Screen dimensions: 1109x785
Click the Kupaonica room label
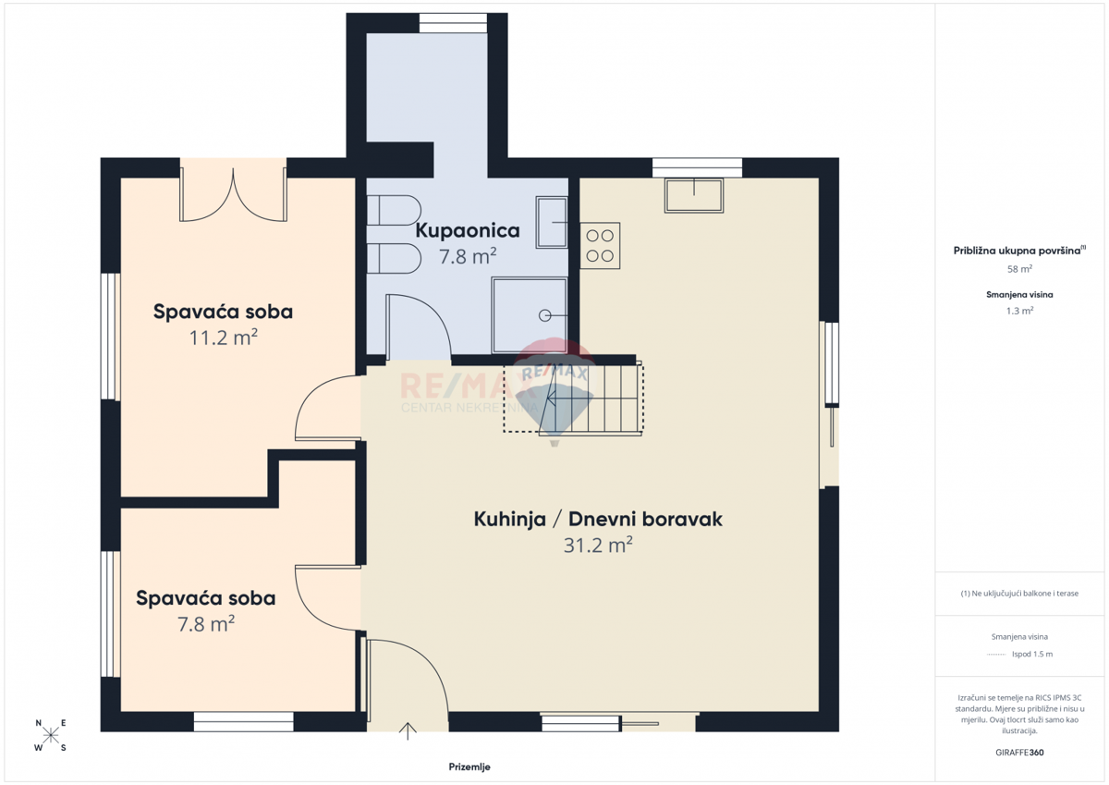tap(468, 231)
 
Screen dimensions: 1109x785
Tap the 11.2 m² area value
tap(224, 337)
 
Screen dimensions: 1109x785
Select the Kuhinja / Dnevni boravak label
tap(598, 519)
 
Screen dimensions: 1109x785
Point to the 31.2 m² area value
tap(598, 545)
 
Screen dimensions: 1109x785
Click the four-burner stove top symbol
tap(600, 246)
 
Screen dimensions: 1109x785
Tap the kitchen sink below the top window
tap(694, 196)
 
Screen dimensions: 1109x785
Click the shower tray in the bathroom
tap(530, 315)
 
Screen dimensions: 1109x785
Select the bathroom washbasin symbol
tap(552, 223)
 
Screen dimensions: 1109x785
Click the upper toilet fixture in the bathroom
tap(394, 210)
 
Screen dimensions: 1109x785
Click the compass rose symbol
tap(51, 735)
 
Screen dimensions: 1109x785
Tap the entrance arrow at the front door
tap(408, 731)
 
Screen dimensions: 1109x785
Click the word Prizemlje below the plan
tap(469, 767)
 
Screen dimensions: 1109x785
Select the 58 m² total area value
tap(1019, 269)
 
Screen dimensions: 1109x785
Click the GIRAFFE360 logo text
tap(1019, 753)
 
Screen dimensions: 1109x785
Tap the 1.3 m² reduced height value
tap(1019, 311)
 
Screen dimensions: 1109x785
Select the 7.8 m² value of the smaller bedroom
tap(206, 624)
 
